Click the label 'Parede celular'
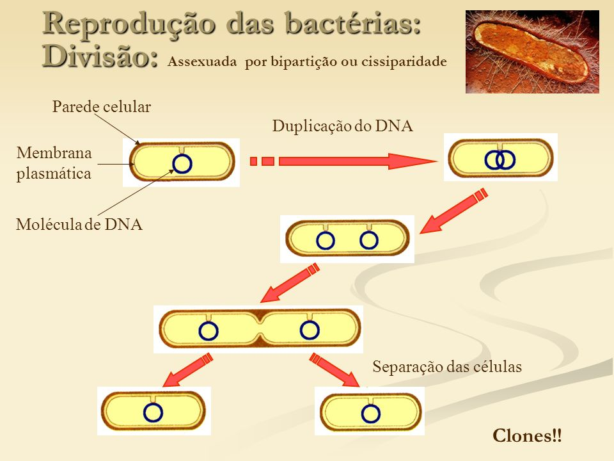pos(101,107)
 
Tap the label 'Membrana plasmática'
pos(54,163)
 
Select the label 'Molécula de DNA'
pos(78,225)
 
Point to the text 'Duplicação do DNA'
pos(343,126)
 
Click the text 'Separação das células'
pos(447,367)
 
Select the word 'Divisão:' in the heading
pos(100,56)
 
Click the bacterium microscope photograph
pos(532,51)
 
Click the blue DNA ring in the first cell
pos(182,164)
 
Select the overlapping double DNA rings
pos(500,159)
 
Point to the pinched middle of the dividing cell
pos(260,328)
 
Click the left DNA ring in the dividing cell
pos(209,330)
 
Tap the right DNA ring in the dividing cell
pos(310,330)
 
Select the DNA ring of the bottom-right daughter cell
pos(370,414)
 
